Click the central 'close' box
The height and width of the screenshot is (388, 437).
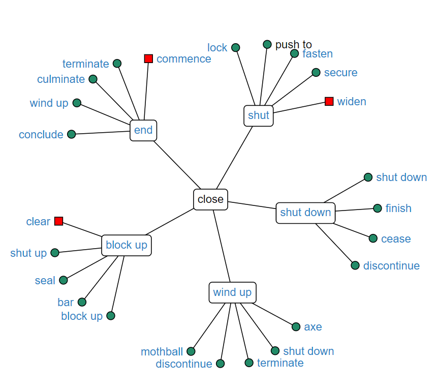[x=210, y=199]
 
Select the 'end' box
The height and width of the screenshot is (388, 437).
[x=143, y=130]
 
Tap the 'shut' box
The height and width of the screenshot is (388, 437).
[x=259, y=115]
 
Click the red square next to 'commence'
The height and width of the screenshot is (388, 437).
[x=148, y=58]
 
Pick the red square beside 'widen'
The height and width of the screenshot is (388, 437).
[x=329, y=101]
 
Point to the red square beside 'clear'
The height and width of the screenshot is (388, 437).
[x=58, y=221]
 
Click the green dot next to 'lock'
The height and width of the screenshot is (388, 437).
[x=235, y=48]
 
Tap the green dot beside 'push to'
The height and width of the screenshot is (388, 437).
[x=267, y=44]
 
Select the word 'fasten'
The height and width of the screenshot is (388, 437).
[x=318, y=54]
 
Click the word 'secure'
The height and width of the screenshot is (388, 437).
[x=340, y=73]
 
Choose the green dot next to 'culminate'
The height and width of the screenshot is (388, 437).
[x=93, y=79]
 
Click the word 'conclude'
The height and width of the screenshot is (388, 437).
[x=41, y=135]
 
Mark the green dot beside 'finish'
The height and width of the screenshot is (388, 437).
[x=378, y=208]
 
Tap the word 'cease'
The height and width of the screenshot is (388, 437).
[x=396, y=239]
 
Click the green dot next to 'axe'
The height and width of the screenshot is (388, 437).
[x=296, y=326]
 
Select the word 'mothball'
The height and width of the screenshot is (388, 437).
[x=162, y=352]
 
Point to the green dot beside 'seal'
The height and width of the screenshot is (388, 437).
[x=64, y=280]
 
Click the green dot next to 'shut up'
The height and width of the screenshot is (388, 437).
[x=55, y=252]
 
